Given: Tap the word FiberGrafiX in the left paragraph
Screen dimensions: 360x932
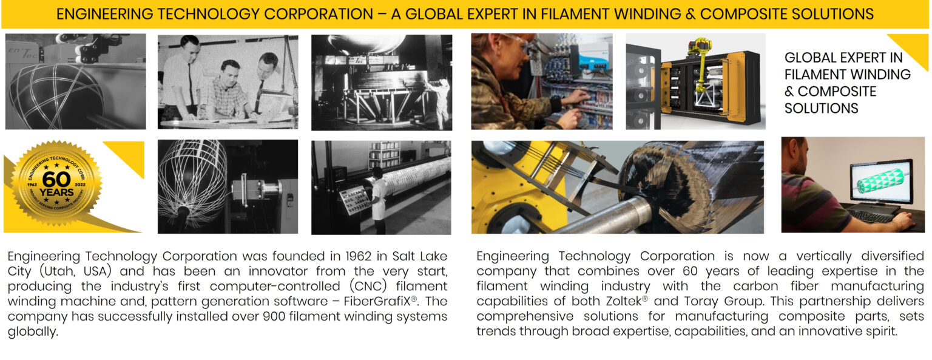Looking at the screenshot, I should click(382, 301).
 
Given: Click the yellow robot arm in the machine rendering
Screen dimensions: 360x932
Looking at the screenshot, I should click(701, 67).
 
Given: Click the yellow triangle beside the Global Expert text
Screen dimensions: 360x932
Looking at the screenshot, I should click(914, 46).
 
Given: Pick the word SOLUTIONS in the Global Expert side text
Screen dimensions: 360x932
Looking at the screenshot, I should click(821, 109).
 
